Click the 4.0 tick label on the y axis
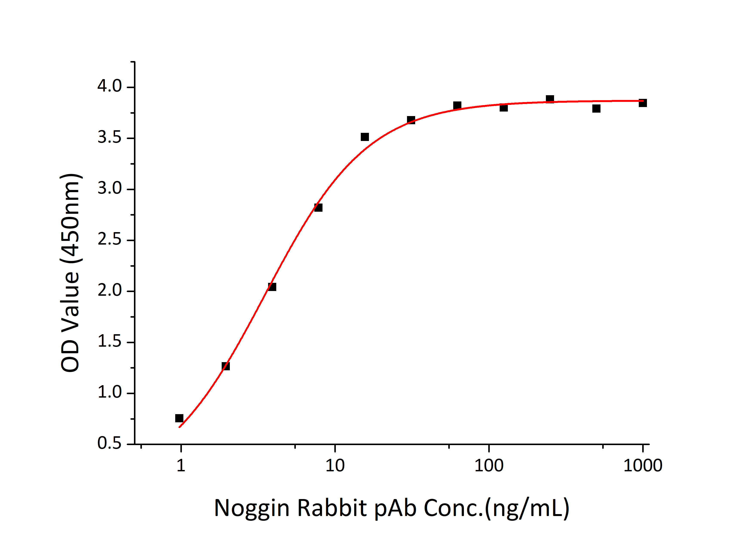tap(109, 86)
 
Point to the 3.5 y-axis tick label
tap(109, 138)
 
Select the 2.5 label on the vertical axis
tap(109, 240)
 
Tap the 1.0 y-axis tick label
tap(109, 392)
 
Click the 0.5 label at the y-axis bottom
tap(109, 443)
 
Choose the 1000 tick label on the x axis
tap(642, 466)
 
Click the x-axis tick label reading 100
tap(489, 466)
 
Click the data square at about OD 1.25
tap(226, 366)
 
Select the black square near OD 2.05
tap(272, 287)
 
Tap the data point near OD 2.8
tap(318, 207)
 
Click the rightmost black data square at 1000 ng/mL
tap(643, 103)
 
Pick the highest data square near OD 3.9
tap(550, 99)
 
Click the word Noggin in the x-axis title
tap(252, 508)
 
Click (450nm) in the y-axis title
tap(70, 218)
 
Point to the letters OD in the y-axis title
tap(70, 356)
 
